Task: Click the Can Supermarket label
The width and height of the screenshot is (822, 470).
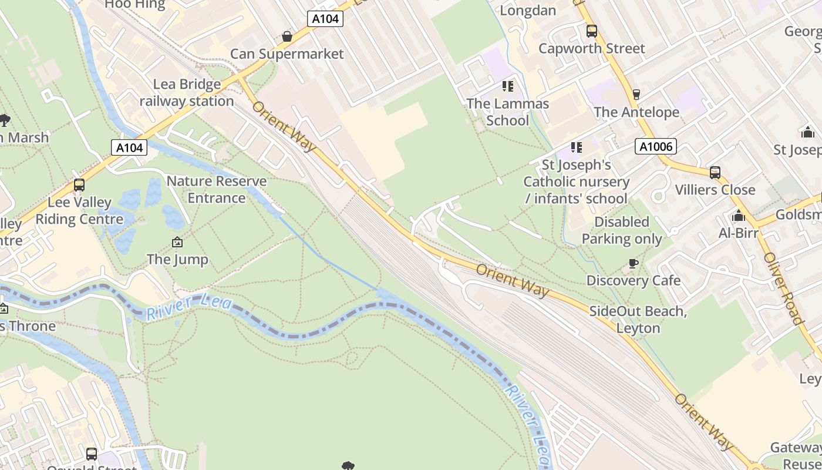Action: (x=287, y=54)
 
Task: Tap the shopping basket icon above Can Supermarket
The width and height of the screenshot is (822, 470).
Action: (x=287, y=36)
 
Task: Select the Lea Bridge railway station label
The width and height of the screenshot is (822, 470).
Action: (x=187, y=93)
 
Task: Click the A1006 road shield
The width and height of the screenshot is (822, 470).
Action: (x=655, y=146)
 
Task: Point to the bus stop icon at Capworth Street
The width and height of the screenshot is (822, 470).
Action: (x=592, y=31)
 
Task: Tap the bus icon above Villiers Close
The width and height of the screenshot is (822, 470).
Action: (x=715, y=172)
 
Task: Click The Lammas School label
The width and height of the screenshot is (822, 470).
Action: (x=507, y=112)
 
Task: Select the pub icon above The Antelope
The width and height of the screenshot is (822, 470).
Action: (x=636, y=94)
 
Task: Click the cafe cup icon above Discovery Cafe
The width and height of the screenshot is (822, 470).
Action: (x=633, y=263)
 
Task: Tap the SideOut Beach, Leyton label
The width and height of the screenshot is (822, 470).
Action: (x=638, y=320)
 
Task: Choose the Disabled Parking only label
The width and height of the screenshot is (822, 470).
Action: (x=622, y=230)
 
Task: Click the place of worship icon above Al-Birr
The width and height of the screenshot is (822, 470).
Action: (x=739, y=216)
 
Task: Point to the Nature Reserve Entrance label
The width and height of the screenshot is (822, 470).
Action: (x=217, y=189)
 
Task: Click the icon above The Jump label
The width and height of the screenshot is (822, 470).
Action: (x=177, y=241)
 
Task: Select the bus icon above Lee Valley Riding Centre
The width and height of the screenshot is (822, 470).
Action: (x=79, y=185)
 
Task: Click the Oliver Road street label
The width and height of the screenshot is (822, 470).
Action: (x=783, y=288)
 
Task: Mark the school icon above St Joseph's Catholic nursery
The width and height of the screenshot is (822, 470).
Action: (x=576, y=147)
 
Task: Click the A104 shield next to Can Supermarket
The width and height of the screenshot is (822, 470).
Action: (x=325, y=19)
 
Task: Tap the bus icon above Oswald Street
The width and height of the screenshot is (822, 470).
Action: (x=92, y=454)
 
